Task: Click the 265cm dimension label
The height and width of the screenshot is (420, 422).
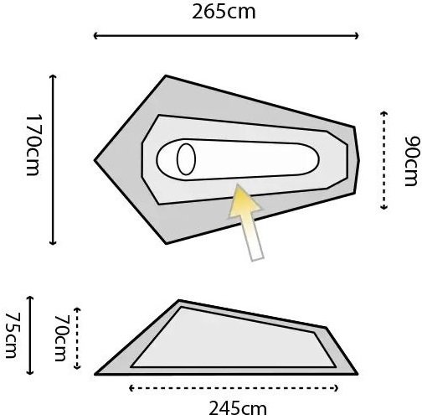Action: coord(224,13)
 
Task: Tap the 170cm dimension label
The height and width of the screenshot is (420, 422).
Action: coord(33,145)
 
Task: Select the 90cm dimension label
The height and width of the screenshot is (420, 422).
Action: coord(413,161)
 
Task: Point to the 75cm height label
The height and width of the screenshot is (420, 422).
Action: coord(12,335)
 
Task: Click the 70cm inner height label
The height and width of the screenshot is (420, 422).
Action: coord(61,338)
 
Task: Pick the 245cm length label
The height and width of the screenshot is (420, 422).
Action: coord(238,408)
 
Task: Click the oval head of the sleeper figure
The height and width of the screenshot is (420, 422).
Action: coord(186,159)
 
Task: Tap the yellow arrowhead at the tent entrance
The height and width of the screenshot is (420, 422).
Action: coord(244,201)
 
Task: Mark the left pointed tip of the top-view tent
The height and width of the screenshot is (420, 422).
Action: coord(95,160)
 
